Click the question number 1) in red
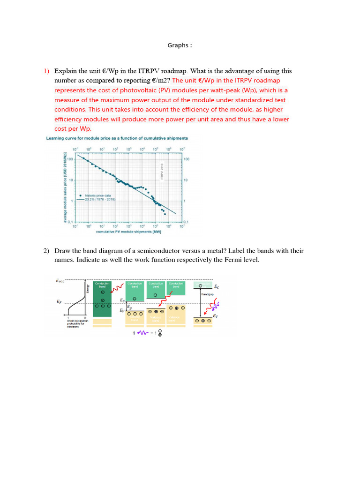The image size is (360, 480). click(x=46, y=71)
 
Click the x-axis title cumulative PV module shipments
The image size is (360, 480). click(x=128, y=232)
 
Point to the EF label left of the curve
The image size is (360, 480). click(x=60, y=302)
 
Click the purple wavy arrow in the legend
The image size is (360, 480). click(x=142, y=333)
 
